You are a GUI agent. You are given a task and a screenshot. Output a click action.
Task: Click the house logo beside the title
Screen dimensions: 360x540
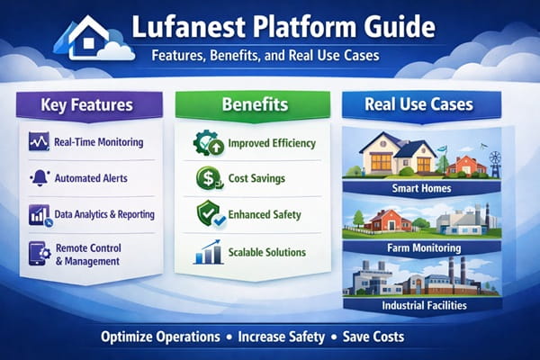tap(87, 38)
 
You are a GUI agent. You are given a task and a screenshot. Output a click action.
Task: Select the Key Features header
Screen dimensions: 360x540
tap(86, 105)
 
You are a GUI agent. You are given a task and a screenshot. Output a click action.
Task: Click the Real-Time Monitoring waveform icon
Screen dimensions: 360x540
tap(39, 142)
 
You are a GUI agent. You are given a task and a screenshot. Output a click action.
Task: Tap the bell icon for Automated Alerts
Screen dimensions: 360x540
tap(39, 177)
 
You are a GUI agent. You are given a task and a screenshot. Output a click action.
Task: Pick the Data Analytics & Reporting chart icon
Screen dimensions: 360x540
tap(39, 214)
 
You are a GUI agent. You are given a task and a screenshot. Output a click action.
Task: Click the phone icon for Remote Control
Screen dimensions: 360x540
tap(39, 253)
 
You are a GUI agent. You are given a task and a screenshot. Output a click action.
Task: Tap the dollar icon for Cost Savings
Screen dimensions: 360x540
tap(207, 179)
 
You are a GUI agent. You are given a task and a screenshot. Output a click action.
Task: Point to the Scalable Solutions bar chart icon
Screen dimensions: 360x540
tap(207, 253)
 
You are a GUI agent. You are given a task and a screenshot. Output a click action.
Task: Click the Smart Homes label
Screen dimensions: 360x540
tap(419, 190)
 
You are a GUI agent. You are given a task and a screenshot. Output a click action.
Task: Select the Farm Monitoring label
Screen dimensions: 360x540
tap(419, 246)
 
